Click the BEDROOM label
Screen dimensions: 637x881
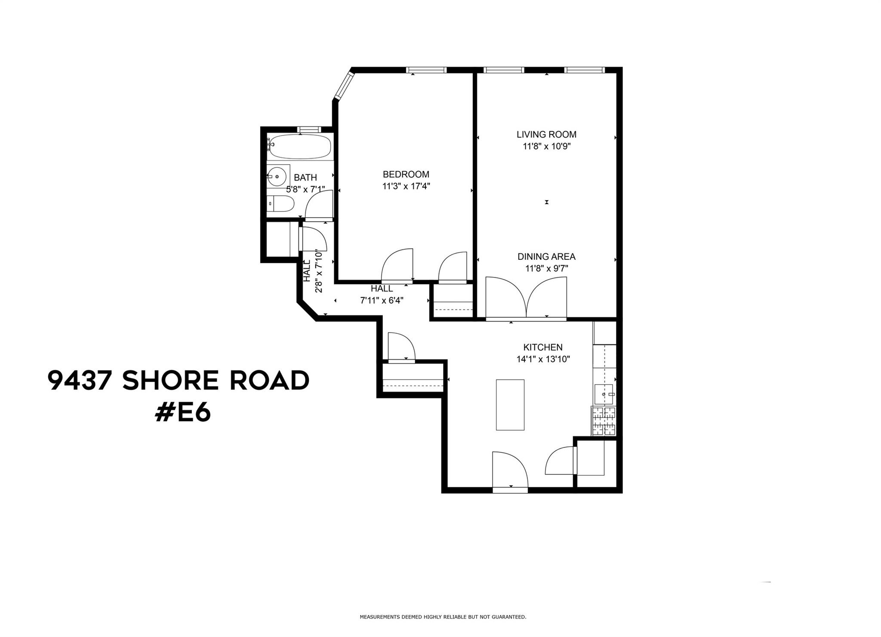(x=406, y=174)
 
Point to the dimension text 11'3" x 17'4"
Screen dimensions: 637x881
(x=406, y=186)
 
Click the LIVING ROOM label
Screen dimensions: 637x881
(x=546, y=134)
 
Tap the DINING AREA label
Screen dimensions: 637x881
(x=546, y=257)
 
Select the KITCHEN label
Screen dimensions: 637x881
(x=543, y=347)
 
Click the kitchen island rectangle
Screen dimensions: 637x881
(x=510, y=404)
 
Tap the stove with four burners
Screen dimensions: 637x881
(x=604, y=421)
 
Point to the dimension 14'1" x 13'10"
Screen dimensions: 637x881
(x=543, y=359)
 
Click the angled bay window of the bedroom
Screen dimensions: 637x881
(x=345, y=85)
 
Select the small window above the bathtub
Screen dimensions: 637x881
(x=309, y=129)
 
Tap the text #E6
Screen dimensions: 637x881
(x=183, y=413)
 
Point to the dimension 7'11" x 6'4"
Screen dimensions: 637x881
(x=382, y=300)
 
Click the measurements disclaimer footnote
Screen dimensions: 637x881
(x=443, y=617)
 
